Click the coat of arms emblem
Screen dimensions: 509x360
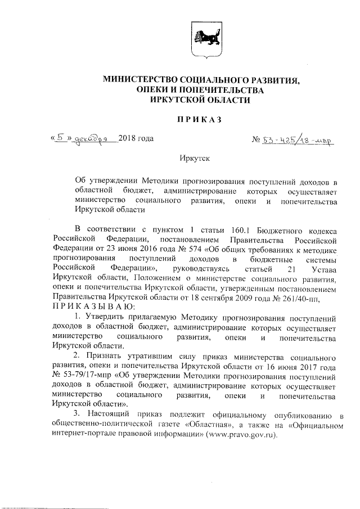coord(202,40)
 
